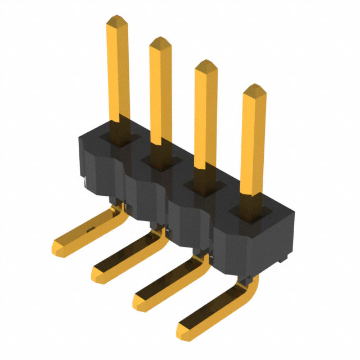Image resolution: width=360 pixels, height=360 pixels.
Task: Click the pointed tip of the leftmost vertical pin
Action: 116,20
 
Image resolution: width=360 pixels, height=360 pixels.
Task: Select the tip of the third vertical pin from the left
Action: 206,64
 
